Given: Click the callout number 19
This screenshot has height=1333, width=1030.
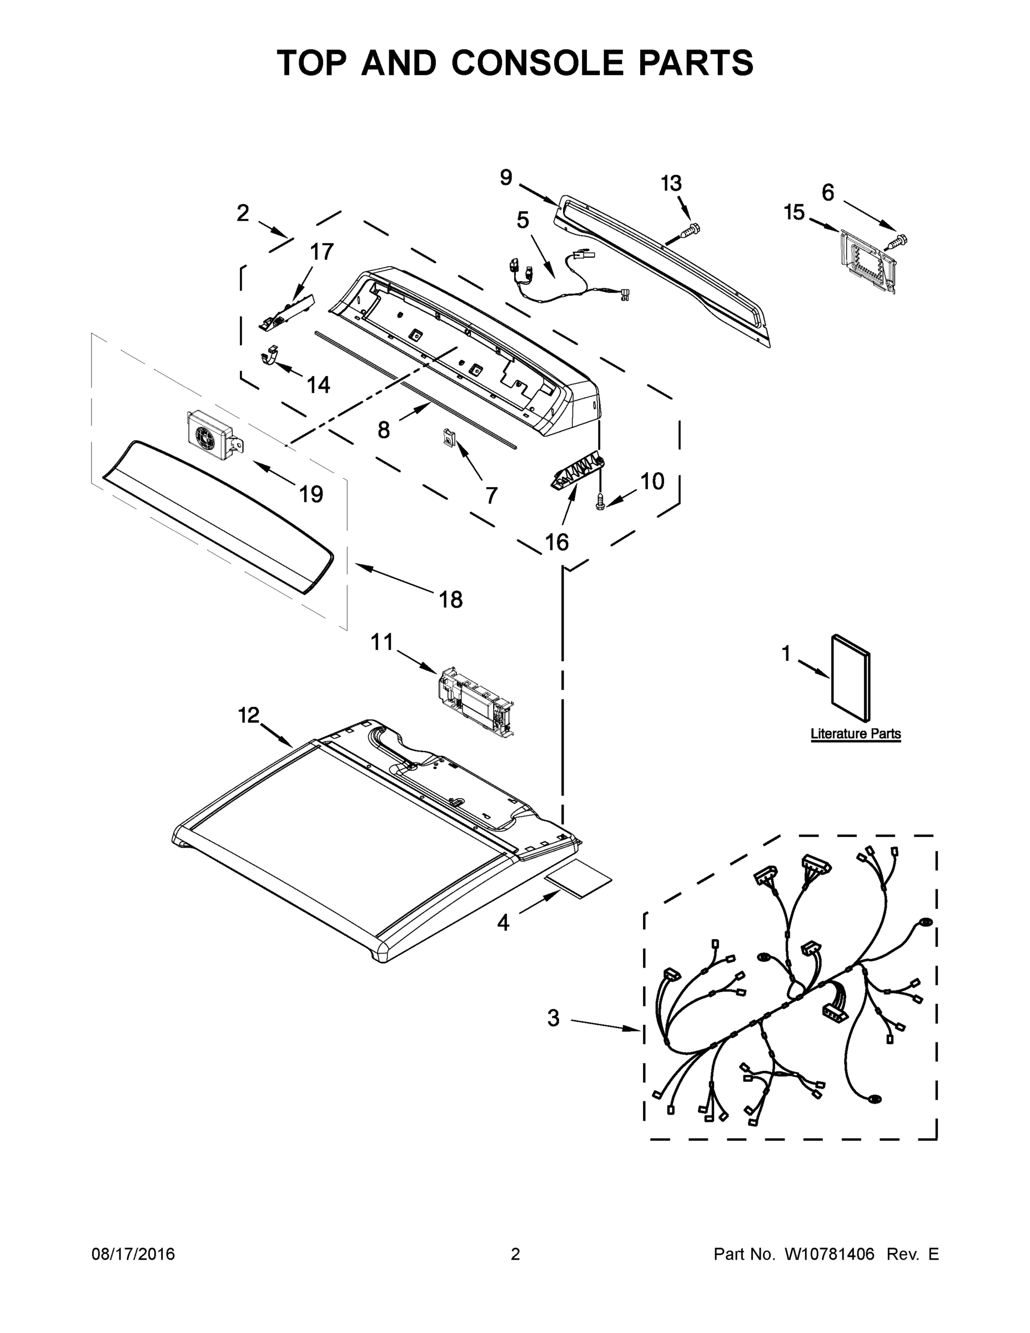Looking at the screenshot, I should coord(310,494).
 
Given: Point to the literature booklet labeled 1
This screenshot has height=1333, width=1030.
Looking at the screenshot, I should coord(850,678).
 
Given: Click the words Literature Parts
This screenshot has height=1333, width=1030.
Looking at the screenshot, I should coord(855,734).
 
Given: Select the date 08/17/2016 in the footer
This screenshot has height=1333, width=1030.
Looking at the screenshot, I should coord(133,1254).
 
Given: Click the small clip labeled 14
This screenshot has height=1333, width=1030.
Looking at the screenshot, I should coord(270,355).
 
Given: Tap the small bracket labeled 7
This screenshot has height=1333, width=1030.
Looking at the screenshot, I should coord(448,437).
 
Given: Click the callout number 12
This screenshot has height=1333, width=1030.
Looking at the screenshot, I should coord(248,715).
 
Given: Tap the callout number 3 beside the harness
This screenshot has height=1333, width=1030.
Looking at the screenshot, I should coord(553,1018).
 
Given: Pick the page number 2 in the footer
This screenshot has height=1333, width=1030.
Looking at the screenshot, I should coord(515,1254).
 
